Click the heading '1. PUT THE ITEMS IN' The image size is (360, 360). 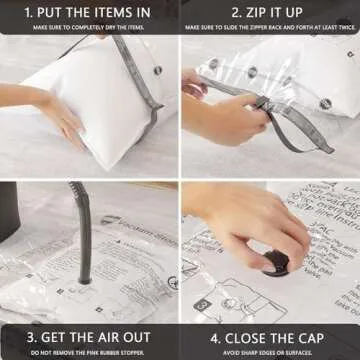click(x=89, y=11)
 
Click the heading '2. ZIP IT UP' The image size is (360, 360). click(x=269, y=11)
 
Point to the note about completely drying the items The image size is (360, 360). click(x=89, y=27)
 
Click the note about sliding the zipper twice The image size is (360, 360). click(x=269, y=27)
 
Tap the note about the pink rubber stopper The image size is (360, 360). click(x=89, y=351)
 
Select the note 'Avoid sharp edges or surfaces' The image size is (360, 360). click(x=269, y=351)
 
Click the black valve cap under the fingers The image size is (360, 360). click(x=277, y=262)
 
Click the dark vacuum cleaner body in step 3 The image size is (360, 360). click(x=8, y=215)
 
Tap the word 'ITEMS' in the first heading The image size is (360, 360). click(x=118, y=11)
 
